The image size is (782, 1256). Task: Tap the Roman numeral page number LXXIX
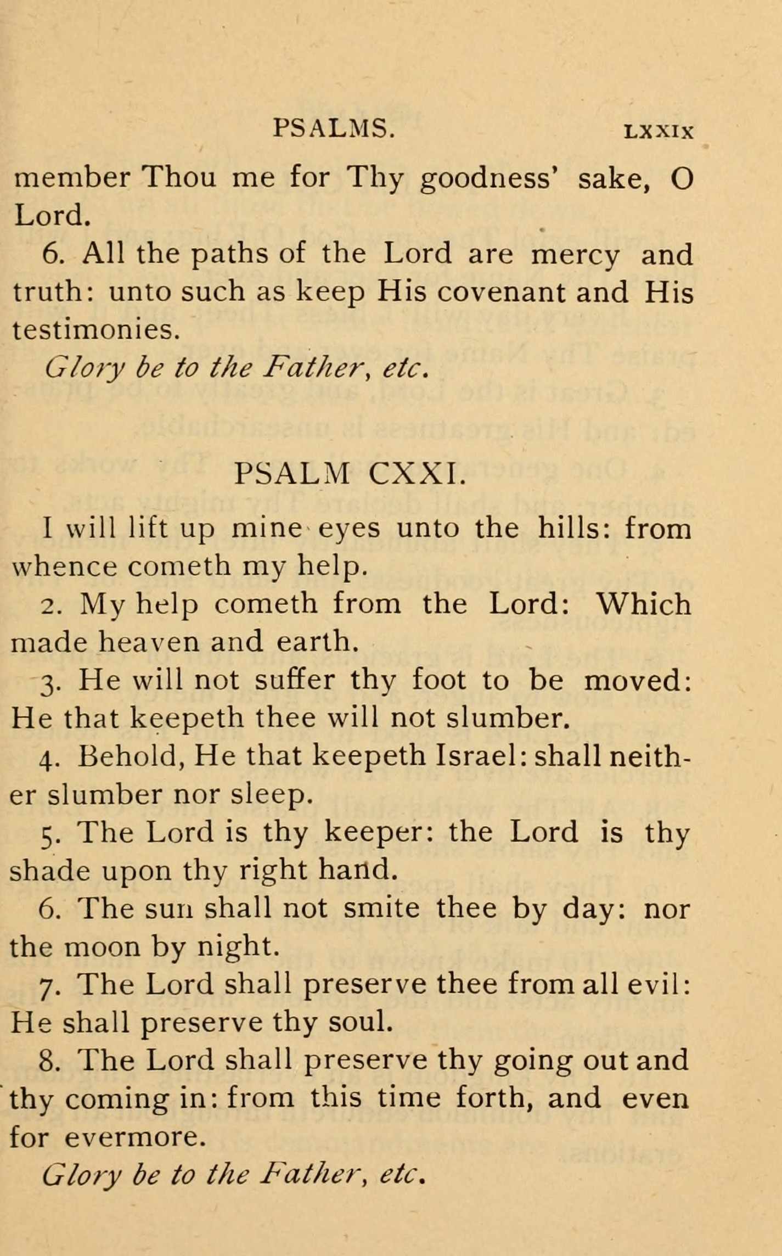(x=659, y=132)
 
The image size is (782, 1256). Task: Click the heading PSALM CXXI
(x=350, y=473)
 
